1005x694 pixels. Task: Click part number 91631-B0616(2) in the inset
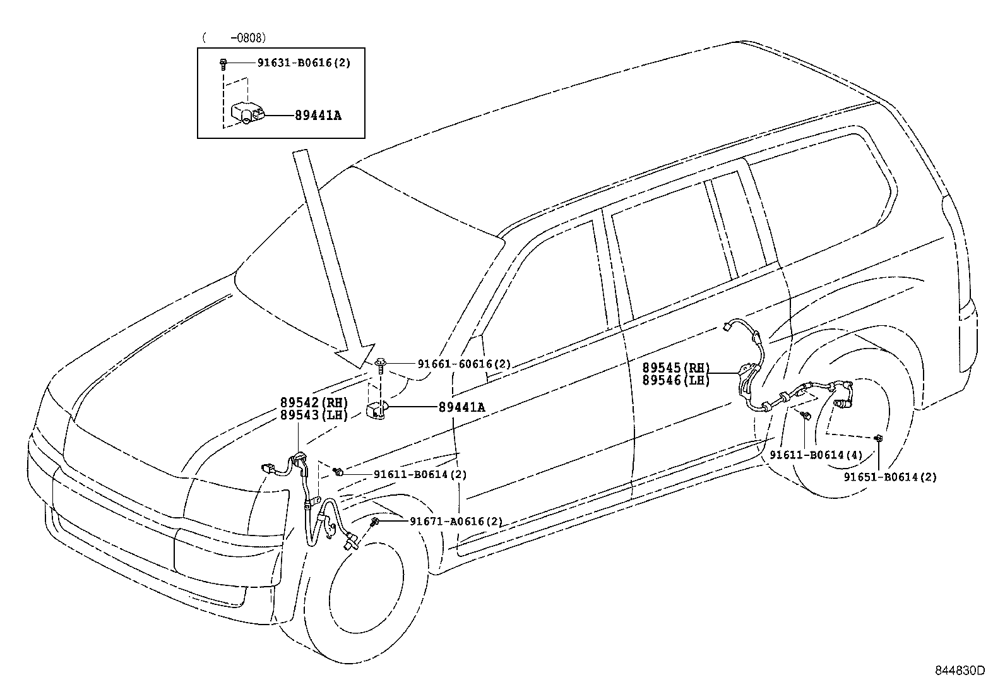[303, 63]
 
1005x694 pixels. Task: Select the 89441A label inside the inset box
[318, 116]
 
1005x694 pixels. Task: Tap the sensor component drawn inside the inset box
[246, 114]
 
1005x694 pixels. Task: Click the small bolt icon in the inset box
[223, 63]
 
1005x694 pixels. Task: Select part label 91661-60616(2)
[464, 364]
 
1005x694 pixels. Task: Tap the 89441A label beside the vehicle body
[461, 408]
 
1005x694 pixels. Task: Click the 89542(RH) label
[314, 403]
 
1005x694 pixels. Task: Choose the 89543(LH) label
[314, 414]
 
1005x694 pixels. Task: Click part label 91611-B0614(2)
[420, 474]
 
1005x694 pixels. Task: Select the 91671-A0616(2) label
[456, 522]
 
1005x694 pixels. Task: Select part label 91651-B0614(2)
[890, 477]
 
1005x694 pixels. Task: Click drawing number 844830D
[960, 671]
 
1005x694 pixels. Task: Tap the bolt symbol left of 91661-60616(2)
[381, 364]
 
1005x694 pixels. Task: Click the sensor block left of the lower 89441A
[376, 410]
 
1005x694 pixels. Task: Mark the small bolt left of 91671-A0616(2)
[375, 521]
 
